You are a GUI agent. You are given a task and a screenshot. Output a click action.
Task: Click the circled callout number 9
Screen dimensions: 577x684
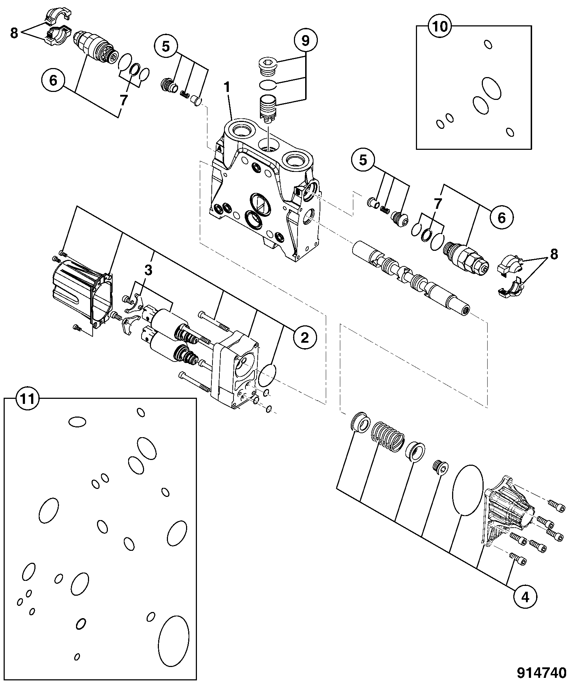click(x=306, y=41)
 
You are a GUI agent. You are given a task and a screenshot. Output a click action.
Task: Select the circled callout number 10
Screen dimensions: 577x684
click(x=440, y=27)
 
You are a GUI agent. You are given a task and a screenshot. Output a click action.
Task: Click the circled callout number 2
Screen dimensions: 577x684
click(x=305, y=338)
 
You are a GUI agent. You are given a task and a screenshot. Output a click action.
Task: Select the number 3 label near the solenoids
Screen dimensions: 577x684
click(x=149, y=270)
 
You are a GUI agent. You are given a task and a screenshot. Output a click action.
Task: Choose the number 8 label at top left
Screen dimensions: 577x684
click(x=14, y=33)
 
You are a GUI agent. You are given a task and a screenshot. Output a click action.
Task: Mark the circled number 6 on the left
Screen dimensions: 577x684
click(x=53, y=80)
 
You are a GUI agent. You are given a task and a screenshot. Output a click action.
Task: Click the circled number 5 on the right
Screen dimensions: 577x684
click(x=363, y=160)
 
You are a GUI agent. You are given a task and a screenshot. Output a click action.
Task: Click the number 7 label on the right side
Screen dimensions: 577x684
click(x=438, y=204)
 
